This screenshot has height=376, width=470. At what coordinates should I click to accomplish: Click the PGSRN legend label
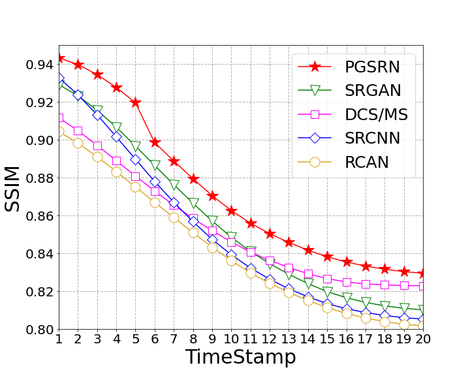372,67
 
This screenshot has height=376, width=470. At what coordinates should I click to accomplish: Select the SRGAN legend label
373,90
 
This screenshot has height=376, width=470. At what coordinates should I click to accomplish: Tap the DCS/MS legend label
377,114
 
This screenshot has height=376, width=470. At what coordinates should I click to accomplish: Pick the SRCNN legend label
373,138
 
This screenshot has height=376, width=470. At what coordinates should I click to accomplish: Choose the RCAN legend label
367,162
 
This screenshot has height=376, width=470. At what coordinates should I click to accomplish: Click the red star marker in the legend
315,67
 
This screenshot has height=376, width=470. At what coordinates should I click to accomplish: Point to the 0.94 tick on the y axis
40,65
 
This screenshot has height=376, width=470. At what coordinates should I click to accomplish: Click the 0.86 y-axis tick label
40,216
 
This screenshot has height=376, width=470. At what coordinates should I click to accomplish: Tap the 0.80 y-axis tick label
40,330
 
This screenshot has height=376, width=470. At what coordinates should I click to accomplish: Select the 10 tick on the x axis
231,339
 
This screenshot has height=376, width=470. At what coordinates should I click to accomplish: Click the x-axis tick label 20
423,339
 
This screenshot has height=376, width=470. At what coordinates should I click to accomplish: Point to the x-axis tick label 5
136,339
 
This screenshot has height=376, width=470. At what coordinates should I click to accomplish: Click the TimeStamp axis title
241,357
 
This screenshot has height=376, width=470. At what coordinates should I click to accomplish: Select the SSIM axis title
12,189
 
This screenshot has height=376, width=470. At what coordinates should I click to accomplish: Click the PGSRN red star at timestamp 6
155,142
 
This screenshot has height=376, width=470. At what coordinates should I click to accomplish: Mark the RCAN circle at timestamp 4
117,172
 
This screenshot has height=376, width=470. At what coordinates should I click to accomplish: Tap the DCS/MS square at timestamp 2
78,131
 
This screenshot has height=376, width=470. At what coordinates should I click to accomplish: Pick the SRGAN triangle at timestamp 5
136,146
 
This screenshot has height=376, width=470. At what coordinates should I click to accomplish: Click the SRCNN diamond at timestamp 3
97,115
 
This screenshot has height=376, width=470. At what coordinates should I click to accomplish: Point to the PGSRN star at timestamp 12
270,234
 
